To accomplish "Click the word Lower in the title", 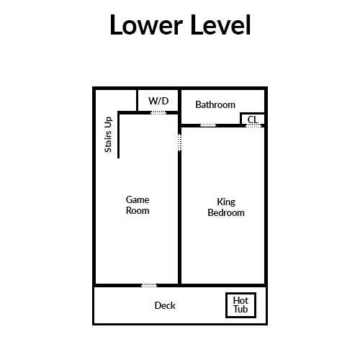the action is pos(146,25).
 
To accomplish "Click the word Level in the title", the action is pos(220,25).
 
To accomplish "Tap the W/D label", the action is pos(158,101).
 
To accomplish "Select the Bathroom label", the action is pos(215,104).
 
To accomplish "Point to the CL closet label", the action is pos(253,120).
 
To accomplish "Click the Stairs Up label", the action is pos(108,135).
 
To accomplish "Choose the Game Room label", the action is pos(138,205).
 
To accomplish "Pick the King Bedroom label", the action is pos(226,207).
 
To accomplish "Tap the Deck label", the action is pos(165,305).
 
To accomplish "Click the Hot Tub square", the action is pos(240,294).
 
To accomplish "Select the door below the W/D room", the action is pos(158,112).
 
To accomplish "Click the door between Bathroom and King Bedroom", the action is pos(208,125).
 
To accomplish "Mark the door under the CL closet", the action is pos(253,125).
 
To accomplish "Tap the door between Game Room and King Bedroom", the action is pos(179,143).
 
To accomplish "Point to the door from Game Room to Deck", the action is pos(149,285).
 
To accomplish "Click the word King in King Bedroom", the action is pos(226,202).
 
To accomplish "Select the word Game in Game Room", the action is pos(138,199).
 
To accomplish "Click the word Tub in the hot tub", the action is pos(240,309).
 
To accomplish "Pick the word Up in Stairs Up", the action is pos(108,122).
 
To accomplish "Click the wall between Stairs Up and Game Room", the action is pos(118,135).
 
